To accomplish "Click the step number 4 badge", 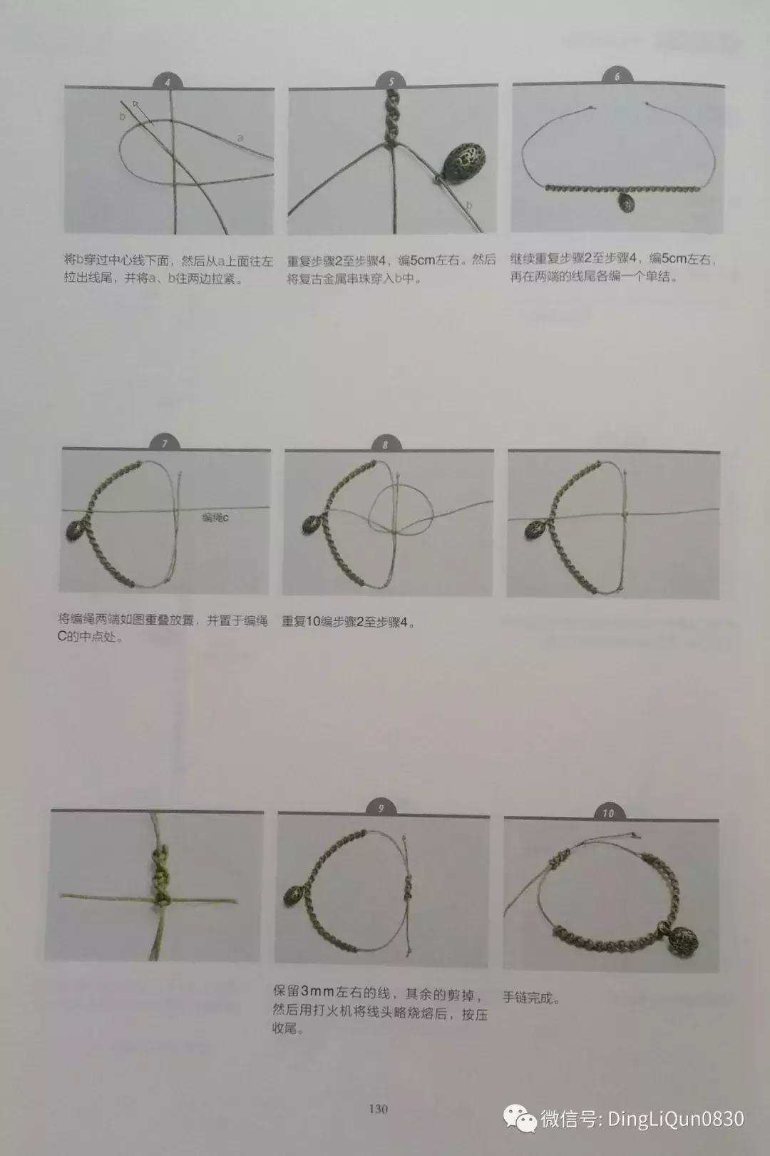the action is tap(168, 81).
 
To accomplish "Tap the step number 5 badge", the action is tap(391, 81).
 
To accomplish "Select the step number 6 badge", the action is tap(617, 76).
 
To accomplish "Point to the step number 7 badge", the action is tap(165, 443).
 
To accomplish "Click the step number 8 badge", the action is tap(385, 444).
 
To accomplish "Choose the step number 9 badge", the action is tap(381, 808).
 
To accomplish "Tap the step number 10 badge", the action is tap(609, 813).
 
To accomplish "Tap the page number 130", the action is tap(379, 1108).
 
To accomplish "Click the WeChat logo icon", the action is tap(520, 1118).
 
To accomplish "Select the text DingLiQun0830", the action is tap(676, 1118).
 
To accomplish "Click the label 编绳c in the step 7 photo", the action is tap(215, 517).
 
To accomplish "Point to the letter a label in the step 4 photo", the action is tap(240, 138).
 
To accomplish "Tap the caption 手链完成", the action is tap(532, 998).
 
